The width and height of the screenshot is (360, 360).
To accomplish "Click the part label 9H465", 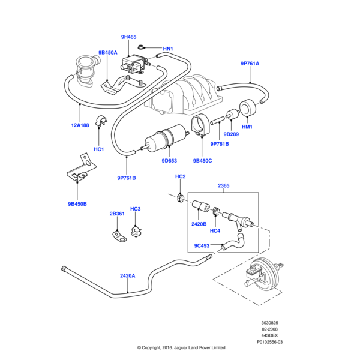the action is tap(128, 37).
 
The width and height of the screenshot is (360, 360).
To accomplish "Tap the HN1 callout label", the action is tap(168, 49).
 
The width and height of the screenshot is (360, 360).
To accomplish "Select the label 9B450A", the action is tap(108, 53).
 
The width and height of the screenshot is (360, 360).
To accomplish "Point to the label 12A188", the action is tap(80, 125).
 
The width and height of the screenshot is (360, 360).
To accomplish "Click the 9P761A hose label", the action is tap(250, 64).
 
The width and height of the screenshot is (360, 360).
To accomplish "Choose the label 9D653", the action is tap(169, 161).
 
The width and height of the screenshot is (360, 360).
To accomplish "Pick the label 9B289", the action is tap(231, 134).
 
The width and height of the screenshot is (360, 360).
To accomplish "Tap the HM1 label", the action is tap(247, 127).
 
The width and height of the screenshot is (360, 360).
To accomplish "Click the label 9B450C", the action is tap(203, 161).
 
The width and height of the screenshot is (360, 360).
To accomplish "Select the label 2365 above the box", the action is tap(224, 185).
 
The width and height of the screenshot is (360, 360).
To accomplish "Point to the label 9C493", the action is tap(202, 245).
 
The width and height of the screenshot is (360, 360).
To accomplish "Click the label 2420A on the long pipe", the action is tap(128, 276).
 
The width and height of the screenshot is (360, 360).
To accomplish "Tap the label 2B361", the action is tap(117, 214).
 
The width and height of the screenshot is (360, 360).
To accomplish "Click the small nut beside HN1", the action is tap(140, 47).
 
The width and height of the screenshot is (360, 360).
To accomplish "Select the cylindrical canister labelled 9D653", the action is tap(165, 139).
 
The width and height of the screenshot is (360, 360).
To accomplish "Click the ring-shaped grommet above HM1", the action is tap(248, 107).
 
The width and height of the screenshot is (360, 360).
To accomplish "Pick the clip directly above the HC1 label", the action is tap(101, 121).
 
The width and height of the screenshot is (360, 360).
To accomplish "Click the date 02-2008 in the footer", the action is tap(269, 329).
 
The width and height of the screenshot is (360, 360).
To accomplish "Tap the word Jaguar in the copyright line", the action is tap(181, 347).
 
